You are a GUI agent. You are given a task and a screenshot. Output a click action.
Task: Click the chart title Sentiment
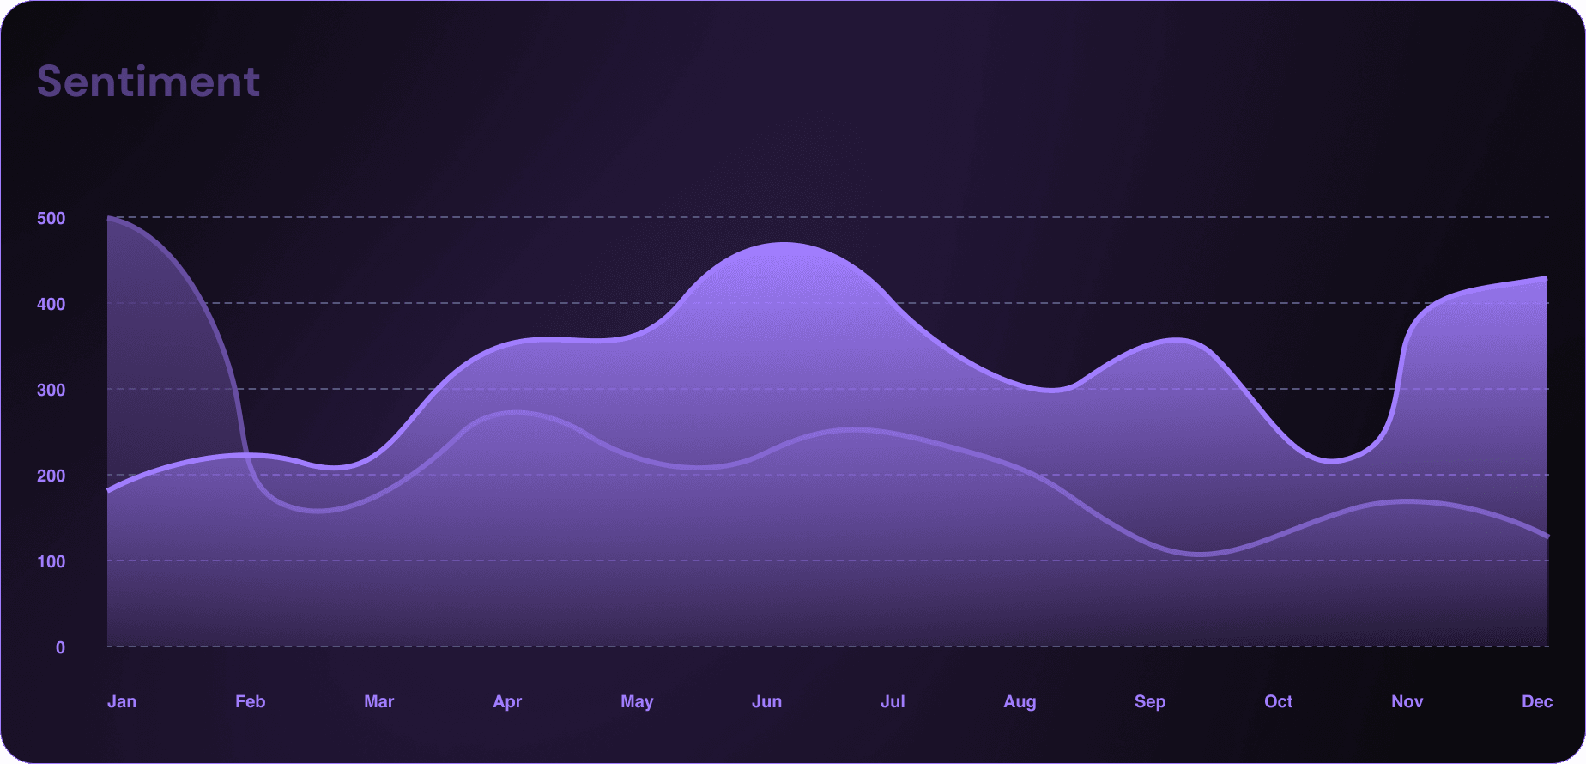click(x=148, y=82)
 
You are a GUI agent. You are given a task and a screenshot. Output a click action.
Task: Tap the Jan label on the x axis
click(x=122, y=701)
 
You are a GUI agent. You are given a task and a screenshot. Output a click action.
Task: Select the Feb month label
click(x=251, y=701)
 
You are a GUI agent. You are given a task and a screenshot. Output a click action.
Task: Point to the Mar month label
click(x=378, y=701)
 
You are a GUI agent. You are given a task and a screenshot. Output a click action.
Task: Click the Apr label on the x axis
click(x=507, y=701)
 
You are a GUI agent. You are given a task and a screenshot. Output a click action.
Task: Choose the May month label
click(x=637, y=701)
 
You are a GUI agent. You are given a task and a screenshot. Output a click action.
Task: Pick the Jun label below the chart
click(x=766, y=701)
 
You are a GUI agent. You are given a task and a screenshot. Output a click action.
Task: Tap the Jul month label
click(x=893, y=701)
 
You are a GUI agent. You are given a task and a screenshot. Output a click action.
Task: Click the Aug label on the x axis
click(x=1020, y=701)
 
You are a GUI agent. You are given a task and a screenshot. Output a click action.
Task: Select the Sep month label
click(x=1150, y=701)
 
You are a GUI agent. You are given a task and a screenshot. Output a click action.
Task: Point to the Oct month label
click(x=1278, y=701)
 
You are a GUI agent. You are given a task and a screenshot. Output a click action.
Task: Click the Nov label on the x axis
click(x=1407, y=701)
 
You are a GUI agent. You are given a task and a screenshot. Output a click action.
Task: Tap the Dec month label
click(x=1536, y=701)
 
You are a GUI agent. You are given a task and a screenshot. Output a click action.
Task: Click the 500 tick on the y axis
click(x=51, y=218)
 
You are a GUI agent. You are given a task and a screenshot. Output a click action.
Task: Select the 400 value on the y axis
click(x=51, y=304)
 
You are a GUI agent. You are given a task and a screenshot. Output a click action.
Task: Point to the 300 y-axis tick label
click(x=51, y=390)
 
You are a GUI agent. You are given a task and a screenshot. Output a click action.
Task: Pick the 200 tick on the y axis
click(x=51, y=476)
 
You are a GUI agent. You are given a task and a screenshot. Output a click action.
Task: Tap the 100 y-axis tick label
click(x=51, y=561)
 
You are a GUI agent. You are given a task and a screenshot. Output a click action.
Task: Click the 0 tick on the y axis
click(x=60, y=647)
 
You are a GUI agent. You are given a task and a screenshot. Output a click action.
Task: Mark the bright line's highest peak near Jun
click(x=784, y=243)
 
